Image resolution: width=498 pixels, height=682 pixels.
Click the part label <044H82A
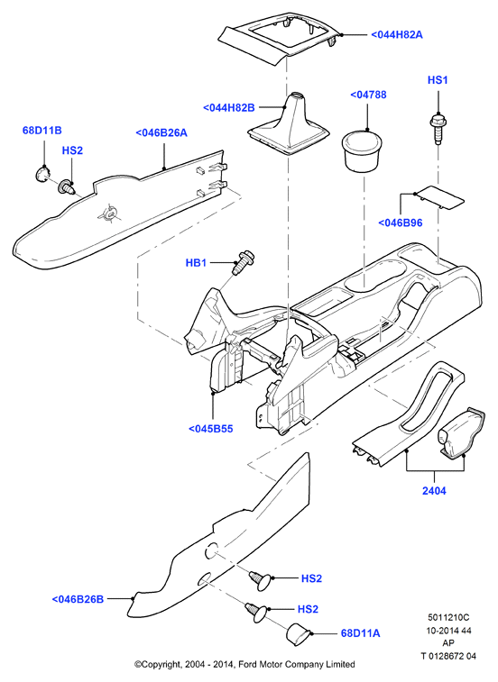[x=396, y=34]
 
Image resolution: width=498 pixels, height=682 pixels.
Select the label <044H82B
[x=229, y=107]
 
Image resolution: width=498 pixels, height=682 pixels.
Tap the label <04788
[x=368, y=95]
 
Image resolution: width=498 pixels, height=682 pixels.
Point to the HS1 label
[x=438, y=79]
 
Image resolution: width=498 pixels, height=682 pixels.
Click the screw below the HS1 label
[x=438, y=128]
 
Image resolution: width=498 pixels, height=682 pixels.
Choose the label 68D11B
[x=41, y=130]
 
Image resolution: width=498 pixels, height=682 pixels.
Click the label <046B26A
[x=161, y=132]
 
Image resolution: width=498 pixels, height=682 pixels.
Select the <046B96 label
[x=400, y=223]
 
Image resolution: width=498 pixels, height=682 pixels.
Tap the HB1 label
[x=196, y=263]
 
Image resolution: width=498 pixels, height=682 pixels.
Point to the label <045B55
[x=210, y=429]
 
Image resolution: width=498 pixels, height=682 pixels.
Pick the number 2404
[x=434, y=491]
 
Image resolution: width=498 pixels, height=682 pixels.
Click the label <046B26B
[x=78, y=599]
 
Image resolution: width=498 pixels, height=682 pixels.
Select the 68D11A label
[x=360, y=632]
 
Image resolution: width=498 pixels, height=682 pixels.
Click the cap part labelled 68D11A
[x=298, y=632]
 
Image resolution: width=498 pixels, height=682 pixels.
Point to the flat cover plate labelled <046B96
[x=438, y=198]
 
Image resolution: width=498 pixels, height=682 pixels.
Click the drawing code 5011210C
[x=448, y=617]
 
